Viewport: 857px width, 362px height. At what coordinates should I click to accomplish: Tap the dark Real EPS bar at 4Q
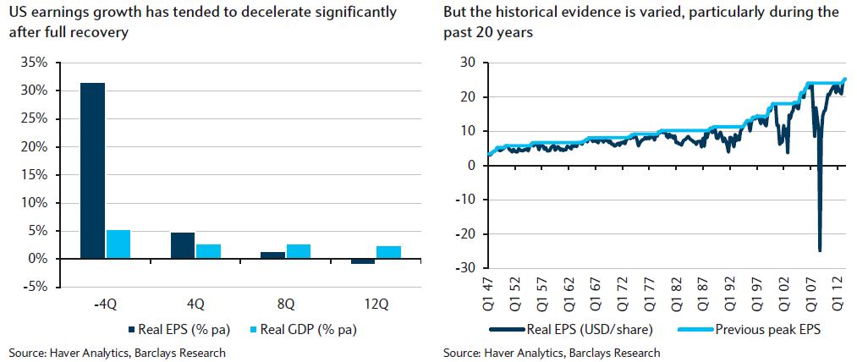pos(183,245)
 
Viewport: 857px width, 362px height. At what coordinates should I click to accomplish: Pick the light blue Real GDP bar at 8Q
pos(299,251)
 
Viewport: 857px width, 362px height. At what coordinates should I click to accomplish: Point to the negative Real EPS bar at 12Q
pos(364,261)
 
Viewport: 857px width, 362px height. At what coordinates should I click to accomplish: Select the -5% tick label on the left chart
pos(32,288)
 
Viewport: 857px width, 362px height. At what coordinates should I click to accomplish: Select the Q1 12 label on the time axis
pos(838,292)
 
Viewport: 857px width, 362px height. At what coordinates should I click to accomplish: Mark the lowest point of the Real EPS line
pos(819,250)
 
